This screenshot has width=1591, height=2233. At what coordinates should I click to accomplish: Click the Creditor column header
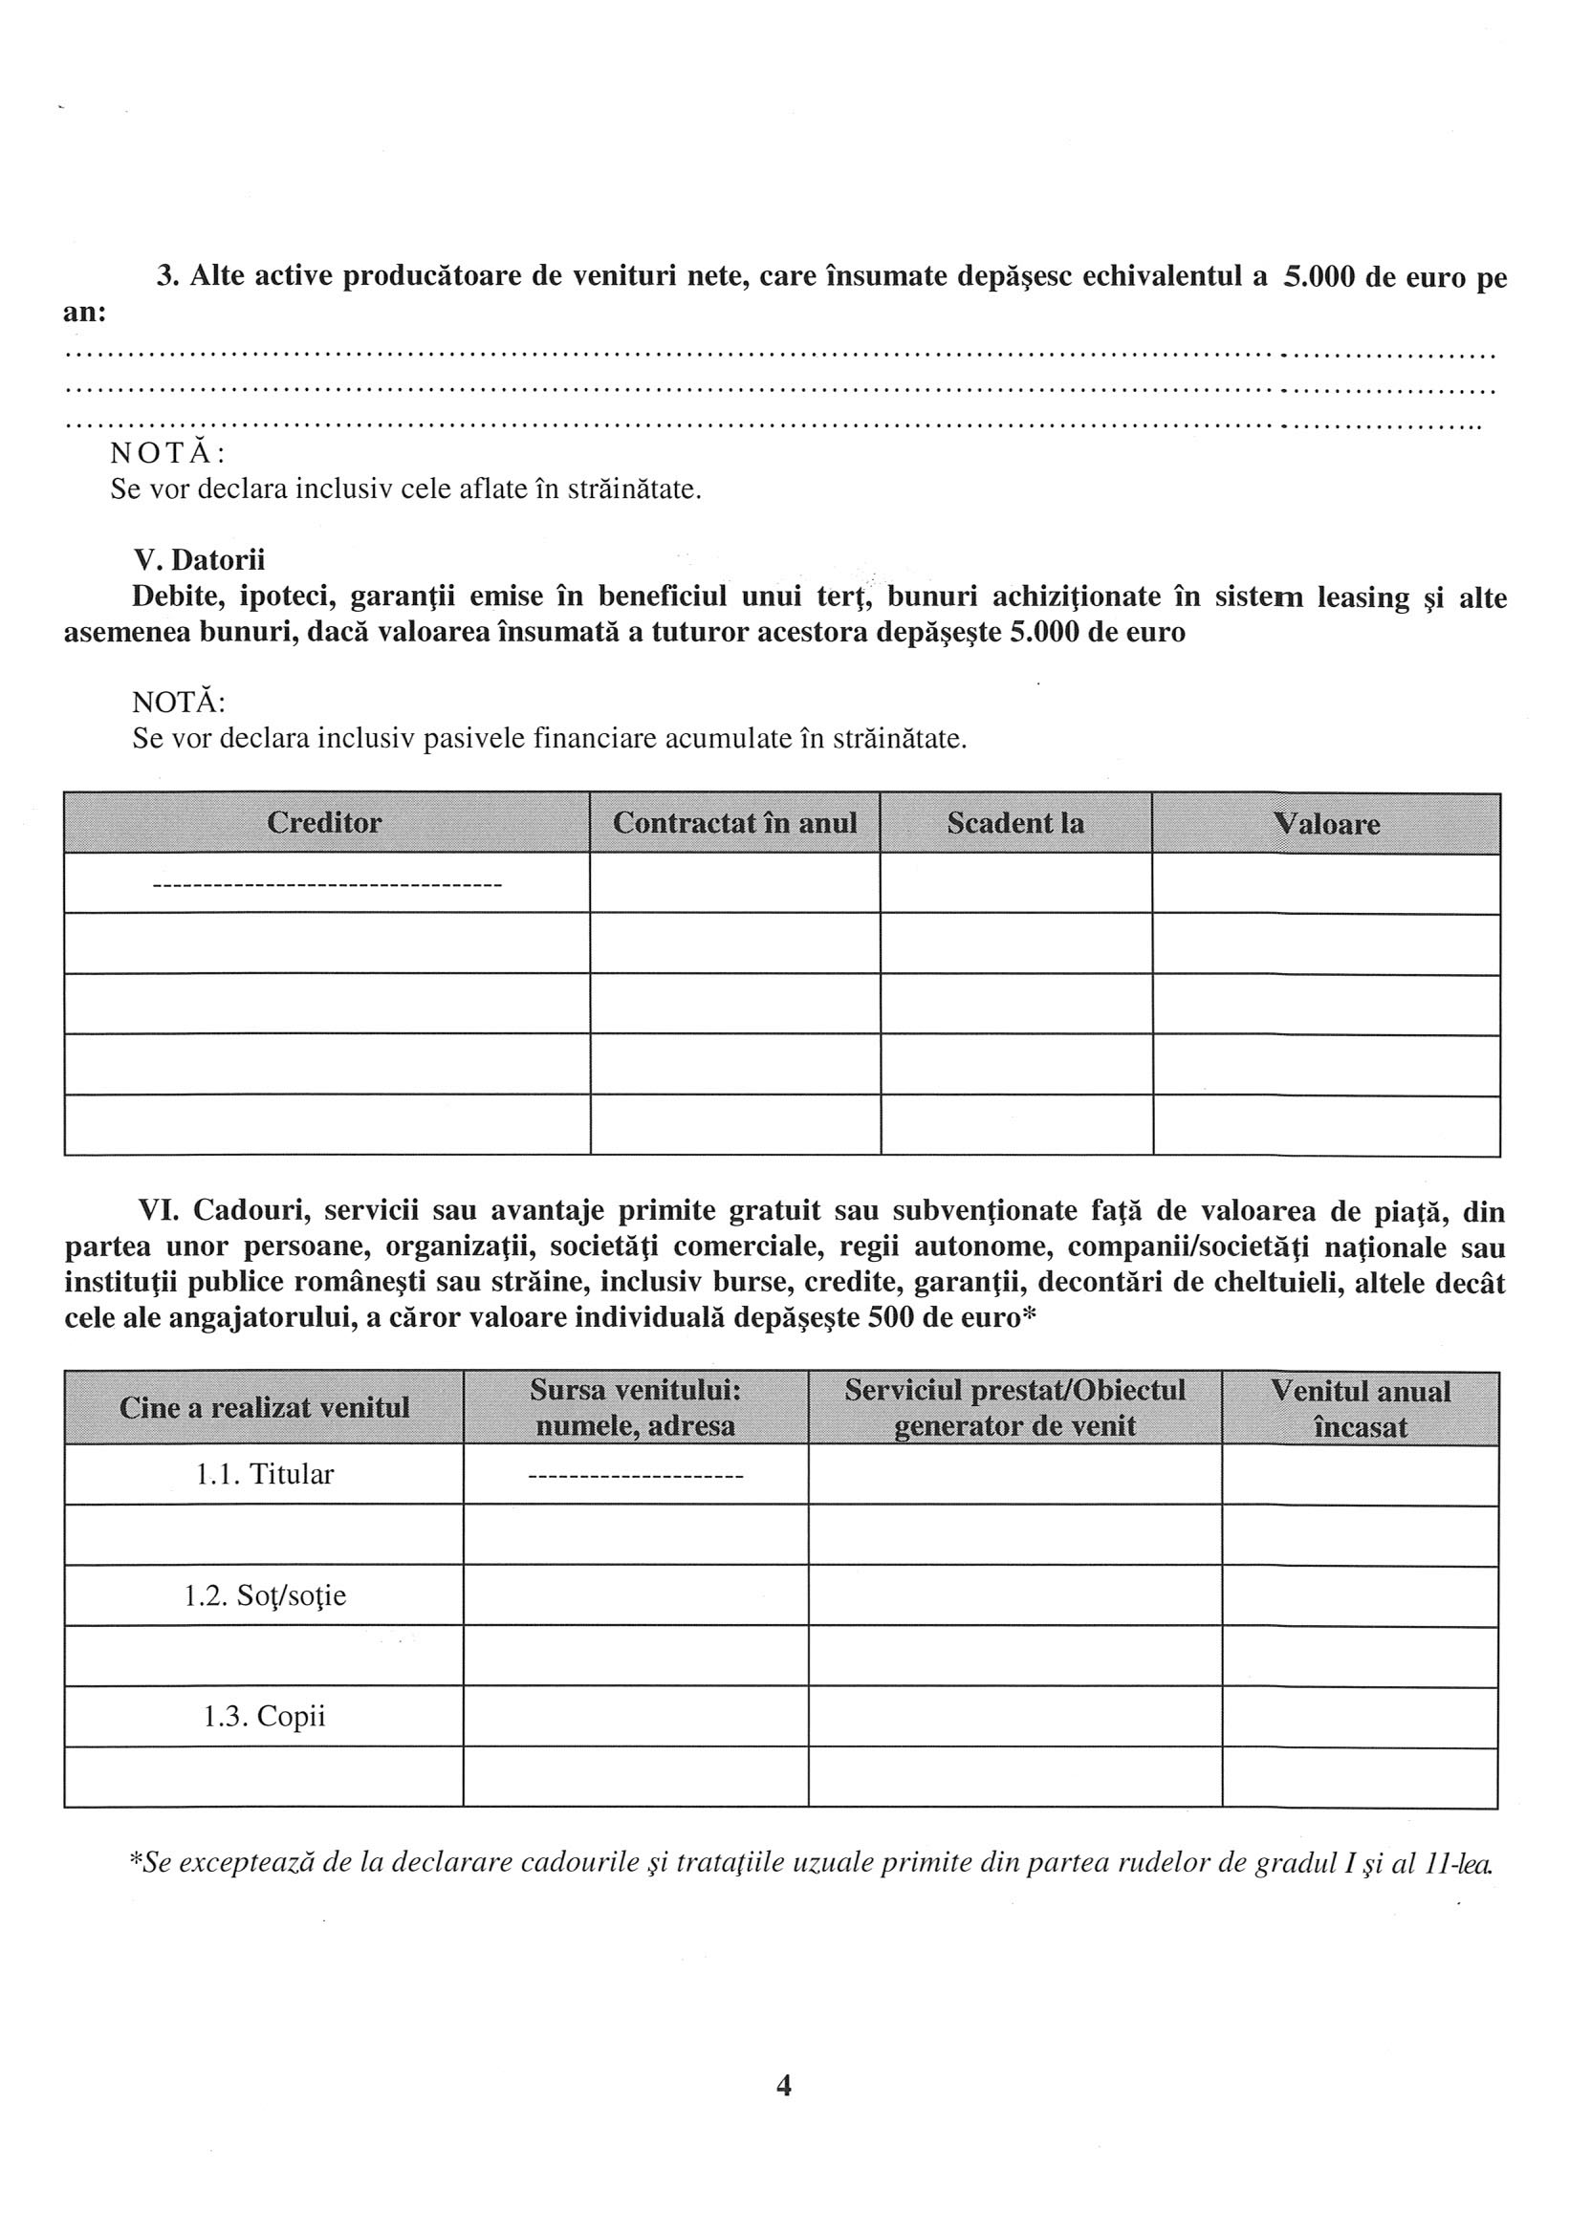324,823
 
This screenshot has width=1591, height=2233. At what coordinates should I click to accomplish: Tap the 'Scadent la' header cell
1015,823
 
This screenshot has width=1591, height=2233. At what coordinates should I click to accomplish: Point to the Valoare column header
1325,824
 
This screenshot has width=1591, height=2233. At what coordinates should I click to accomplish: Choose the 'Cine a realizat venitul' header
264,1408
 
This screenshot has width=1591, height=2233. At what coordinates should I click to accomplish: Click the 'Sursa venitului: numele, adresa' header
635,1407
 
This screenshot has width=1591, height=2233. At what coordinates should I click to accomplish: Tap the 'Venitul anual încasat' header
1360,1408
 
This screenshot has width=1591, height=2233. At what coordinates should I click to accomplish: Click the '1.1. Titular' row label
265,1474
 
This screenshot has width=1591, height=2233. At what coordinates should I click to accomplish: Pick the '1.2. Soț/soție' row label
265,1595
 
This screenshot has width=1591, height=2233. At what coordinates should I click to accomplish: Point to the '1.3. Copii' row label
265,1716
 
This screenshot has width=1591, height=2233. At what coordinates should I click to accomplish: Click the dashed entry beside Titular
635,1475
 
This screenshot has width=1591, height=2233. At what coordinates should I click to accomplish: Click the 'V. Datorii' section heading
199,560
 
